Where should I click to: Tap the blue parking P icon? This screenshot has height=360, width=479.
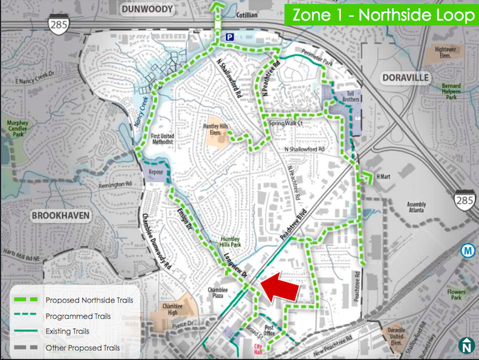tap(229, 38)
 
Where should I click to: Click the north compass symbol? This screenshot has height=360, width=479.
tap(466, 345)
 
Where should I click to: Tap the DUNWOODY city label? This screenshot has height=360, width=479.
tap(147, 9)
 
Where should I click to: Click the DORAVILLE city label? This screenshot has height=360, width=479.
tap(405, 78)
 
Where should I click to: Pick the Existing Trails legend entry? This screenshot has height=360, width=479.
tap(67, 332)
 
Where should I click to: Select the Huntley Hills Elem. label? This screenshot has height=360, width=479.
tap(215, 129)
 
